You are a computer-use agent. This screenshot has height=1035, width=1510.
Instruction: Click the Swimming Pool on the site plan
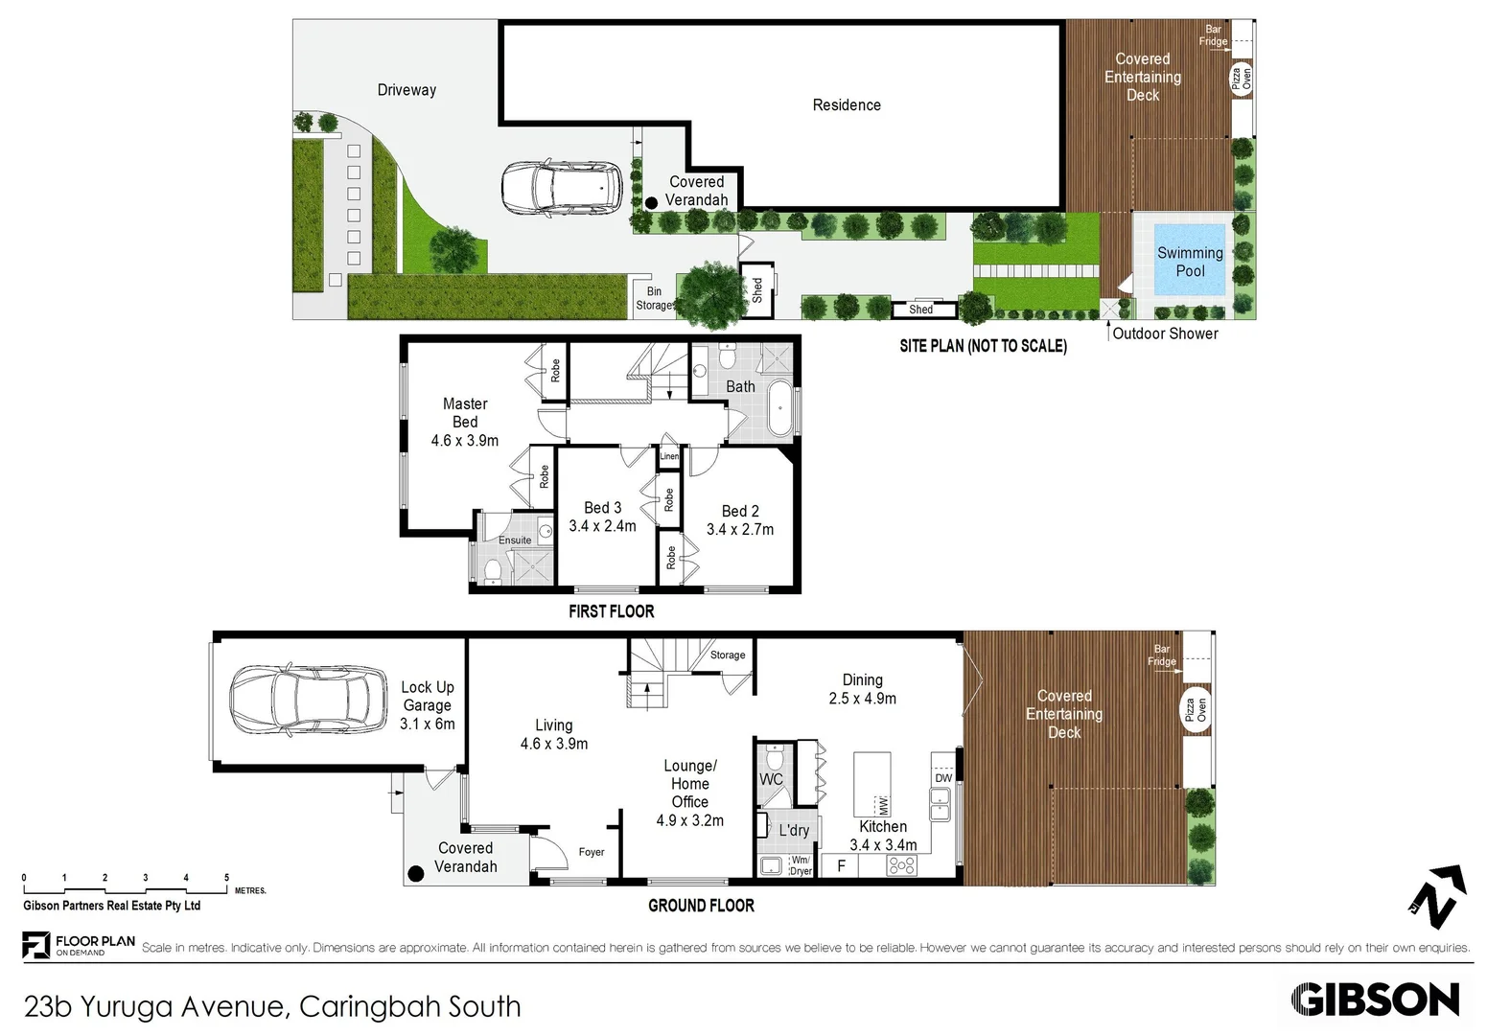tap(1189, 261)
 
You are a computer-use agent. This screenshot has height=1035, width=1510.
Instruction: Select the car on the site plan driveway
tap(562, 189)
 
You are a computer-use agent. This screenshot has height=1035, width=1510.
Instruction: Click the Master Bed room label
tap(465, 413)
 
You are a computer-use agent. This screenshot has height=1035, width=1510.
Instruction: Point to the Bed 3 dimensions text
tap(602, 526)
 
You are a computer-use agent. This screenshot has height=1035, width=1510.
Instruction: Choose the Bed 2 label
tap(740, 511)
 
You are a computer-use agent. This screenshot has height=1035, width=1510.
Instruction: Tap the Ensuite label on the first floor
tap(515, 540)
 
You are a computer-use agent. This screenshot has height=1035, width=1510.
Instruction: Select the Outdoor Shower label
tap(1165, 333)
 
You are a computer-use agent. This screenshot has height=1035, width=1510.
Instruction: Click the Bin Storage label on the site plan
tap(655, 298)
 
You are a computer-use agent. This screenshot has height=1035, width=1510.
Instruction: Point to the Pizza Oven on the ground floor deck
tap(1195, 710)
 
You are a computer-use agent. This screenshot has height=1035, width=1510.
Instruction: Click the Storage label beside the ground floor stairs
tap(728, 655)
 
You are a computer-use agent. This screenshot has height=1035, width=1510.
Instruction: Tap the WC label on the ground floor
tap(771, 779)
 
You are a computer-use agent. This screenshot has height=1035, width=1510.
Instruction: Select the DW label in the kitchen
tap(943, 778)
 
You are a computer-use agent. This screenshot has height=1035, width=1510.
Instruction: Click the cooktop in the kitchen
tap(902, 866)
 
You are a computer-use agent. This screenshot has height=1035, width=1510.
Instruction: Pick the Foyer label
tap(592, 852)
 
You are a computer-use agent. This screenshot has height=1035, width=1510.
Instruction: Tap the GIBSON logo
tap(1375, 1000)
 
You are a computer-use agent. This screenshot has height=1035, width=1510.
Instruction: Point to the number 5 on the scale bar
tap(227, 878)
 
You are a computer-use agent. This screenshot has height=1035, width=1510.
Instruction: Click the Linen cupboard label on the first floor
tap(669, 457)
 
